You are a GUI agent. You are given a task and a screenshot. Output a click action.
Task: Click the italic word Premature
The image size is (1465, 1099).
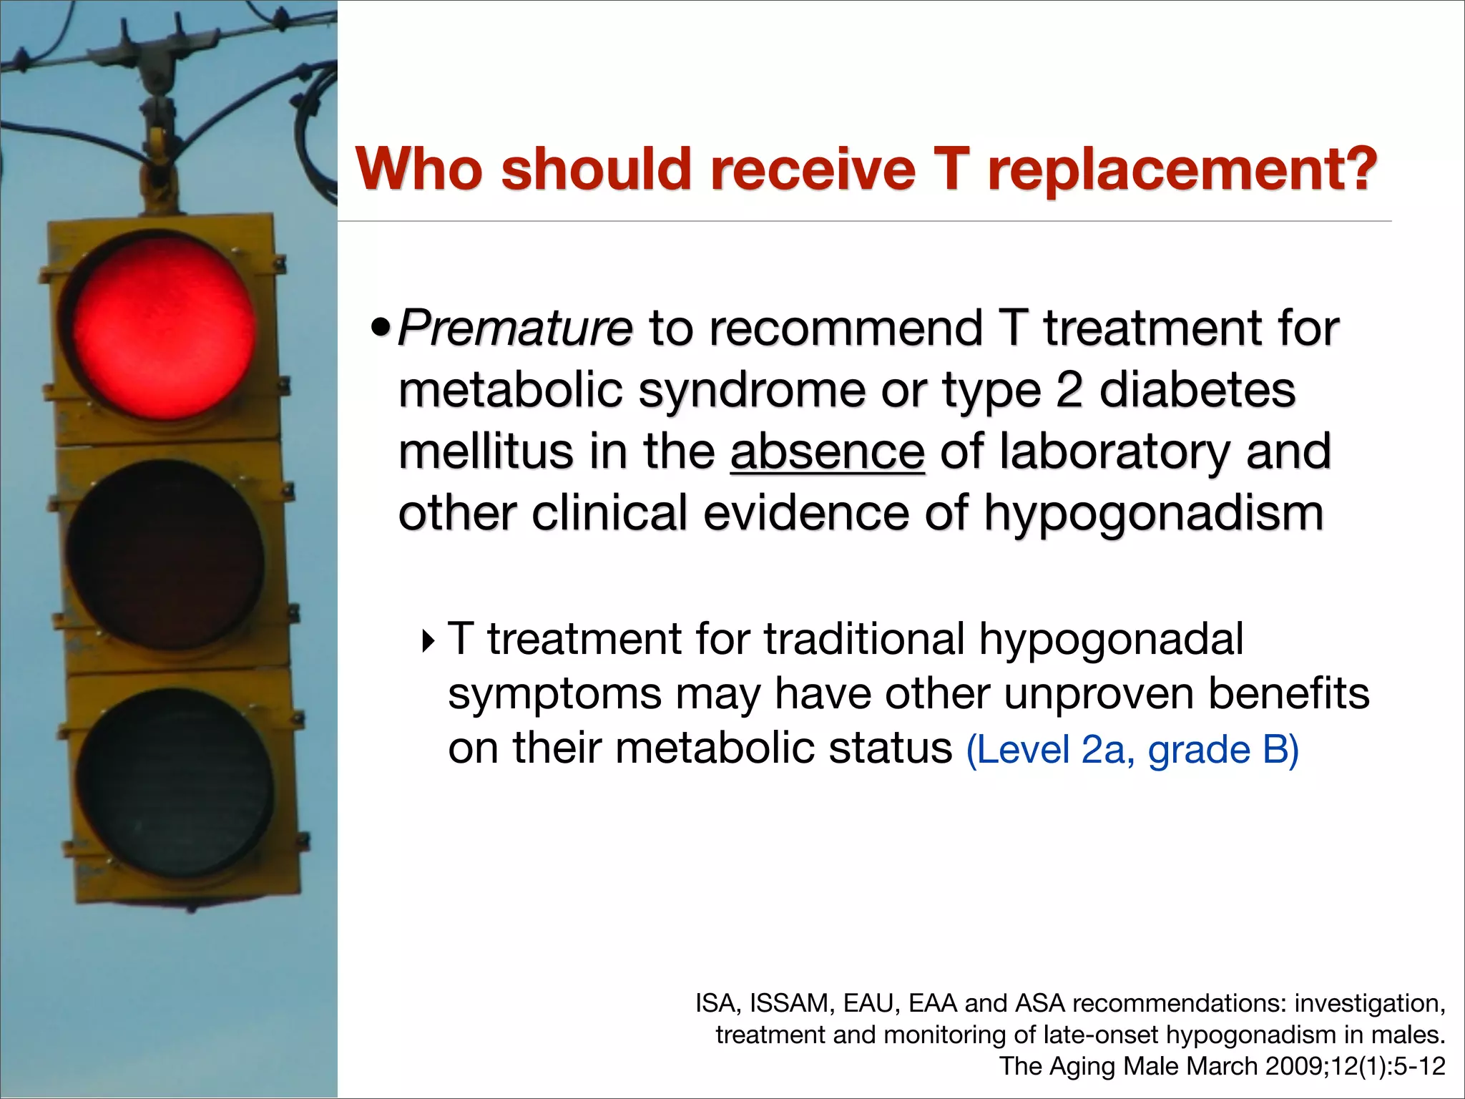point(515,329)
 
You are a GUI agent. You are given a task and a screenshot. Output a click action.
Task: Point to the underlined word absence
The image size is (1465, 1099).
point(828,452)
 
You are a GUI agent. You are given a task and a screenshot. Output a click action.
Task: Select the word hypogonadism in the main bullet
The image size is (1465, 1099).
point(1154,514)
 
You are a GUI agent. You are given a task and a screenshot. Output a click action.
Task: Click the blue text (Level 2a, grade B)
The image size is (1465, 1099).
point(1132,750)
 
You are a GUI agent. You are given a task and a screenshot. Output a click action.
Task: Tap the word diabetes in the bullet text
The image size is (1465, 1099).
point(1197,391)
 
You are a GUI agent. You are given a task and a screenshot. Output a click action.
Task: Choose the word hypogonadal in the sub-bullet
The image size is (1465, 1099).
point(1111,638)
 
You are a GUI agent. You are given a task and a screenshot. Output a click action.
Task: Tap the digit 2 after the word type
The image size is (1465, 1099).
point(1069,391)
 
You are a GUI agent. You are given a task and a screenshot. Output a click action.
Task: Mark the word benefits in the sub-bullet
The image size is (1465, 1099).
point(1289,693)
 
